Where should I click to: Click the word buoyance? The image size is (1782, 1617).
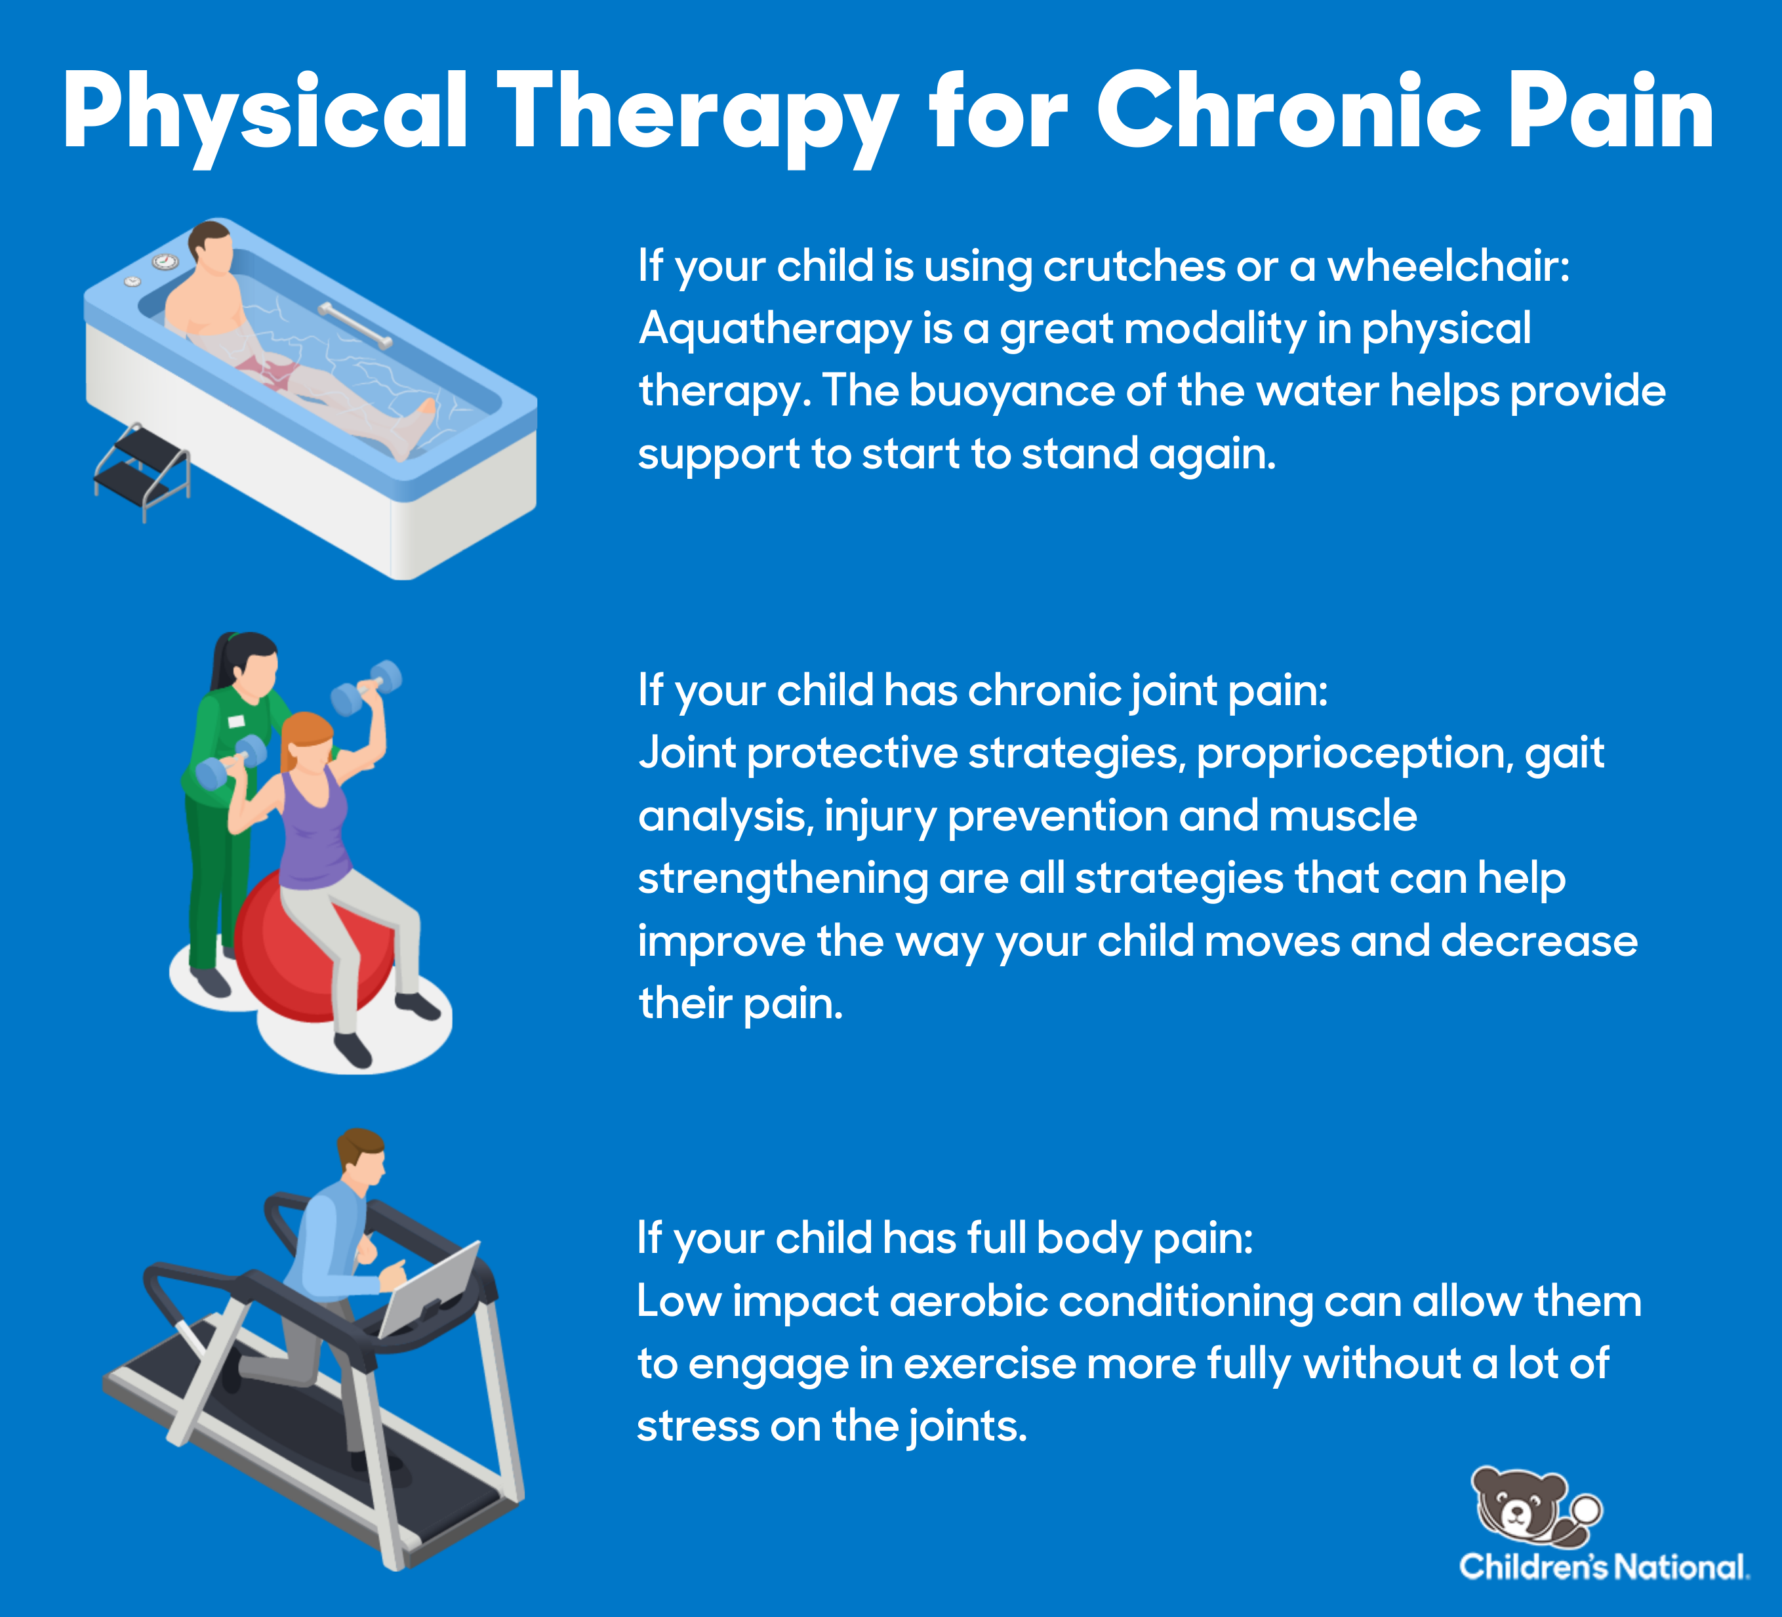click(1012, 392)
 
